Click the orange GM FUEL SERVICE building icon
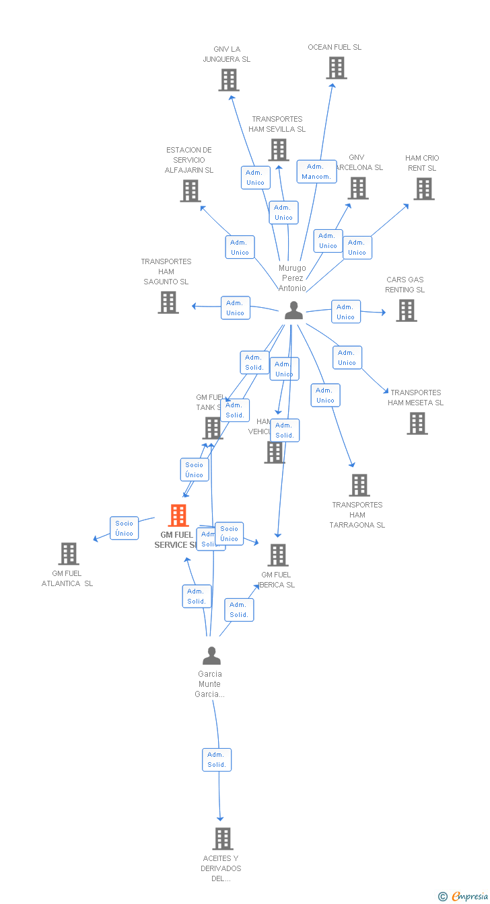tap(178, 516)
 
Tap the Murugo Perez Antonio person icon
tap(293, 310)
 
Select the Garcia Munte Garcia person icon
tap(211, 655)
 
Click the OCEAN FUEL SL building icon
tap(336, 68)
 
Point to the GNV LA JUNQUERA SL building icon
tap(229, 80)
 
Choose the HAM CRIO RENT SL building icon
tap(423, 189)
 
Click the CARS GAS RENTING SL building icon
tap(406, 311)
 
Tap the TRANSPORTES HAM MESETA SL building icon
tap(417, 423)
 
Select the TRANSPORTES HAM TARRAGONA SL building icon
tap(359, 485)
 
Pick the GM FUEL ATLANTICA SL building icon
tap(69, 554)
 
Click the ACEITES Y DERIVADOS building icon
tap(223, 839)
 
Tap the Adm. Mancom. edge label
tap(316, 171)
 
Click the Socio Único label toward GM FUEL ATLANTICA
tap(125, 528)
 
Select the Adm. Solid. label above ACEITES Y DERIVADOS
tap(217, 759)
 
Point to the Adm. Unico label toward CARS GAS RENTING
tap(346, 312)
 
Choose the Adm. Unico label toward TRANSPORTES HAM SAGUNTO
tap(236, 308)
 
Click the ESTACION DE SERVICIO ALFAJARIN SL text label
tap(189, 160)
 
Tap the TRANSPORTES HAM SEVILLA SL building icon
tap(279, 150)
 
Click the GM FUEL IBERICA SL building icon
tap(278, 555)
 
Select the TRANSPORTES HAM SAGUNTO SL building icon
tap(168, 302)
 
